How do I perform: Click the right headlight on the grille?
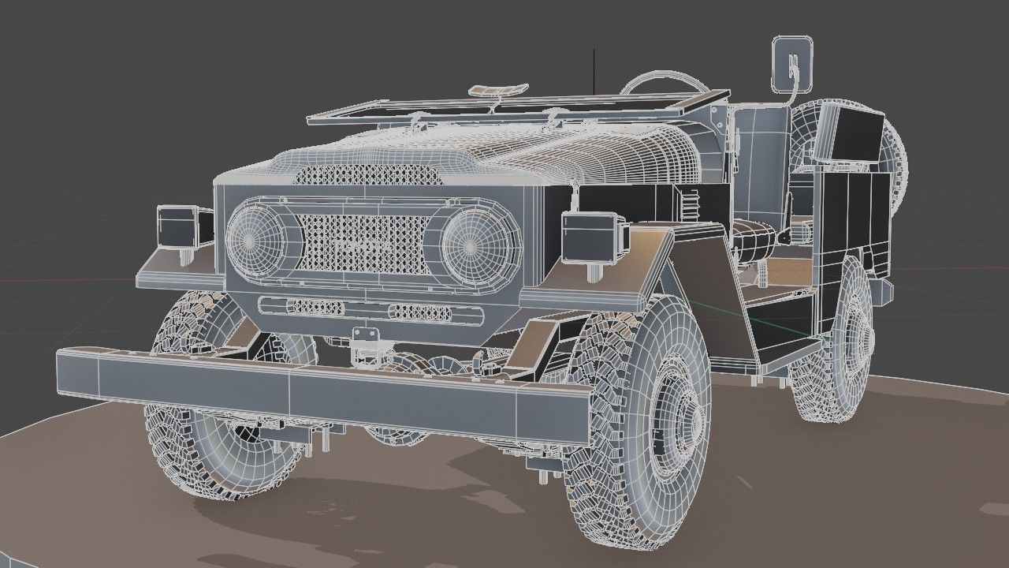pyautogui.click(x=471, y=244)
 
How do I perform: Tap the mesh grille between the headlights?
pyautogui.click(x=363, y=244)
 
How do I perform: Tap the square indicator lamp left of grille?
pyautogui.click(x=178, y=227)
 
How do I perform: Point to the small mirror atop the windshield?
pyautogui.click(x=500, y=89)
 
